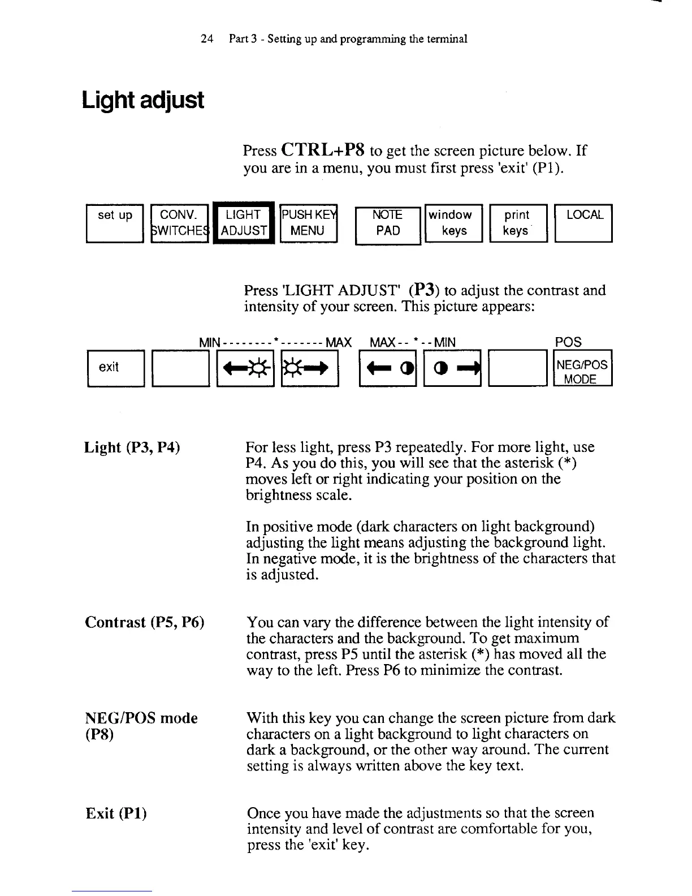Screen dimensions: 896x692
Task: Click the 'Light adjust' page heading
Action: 142,101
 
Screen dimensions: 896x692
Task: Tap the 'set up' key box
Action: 115,223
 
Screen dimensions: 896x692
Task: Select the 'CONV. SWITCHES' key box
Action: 180,223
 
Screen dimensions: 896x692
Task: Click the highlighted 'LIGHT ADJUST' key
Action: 244,223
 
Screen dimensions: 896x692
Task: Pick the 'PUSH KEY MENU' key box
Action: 308,223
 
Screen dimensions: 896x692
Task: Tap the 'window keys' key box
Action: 452,223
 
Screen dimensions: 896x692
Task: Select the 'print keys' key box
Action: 517,223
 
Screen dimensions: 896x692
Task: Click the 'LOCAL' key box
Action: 584,223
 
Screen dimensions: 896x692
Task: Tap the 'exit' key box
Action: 115,368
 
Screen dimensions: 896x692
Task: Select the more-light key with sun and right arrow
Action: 309,368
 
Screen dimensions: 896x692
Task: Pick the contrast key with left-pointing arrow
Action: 388,368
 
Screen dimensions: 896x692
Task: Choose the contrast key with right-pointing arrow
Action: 452,368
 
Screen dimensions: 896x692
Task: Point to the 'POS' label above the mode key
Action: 568,342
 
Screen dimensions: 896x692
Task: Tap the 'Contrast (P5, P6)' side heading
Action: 144,623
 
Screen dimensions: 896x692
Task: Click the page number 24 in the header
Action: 206,39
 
